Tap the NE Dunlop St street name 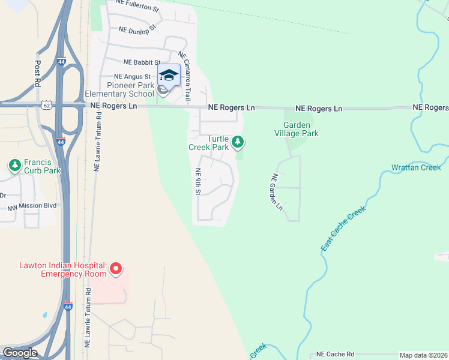(137, 28)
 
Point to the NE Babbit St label (142, 62)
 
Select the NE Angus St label (132, 77)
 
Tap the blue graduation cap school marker (169, 75)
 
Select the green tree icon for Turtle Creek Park (238, 142)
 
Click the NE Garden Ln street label (277, 192)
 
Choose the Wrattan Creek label (416, 167)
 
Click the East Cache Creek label (343, 229)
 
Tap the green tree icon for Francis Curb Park (14, 164)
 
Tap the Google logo (19, 353)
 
